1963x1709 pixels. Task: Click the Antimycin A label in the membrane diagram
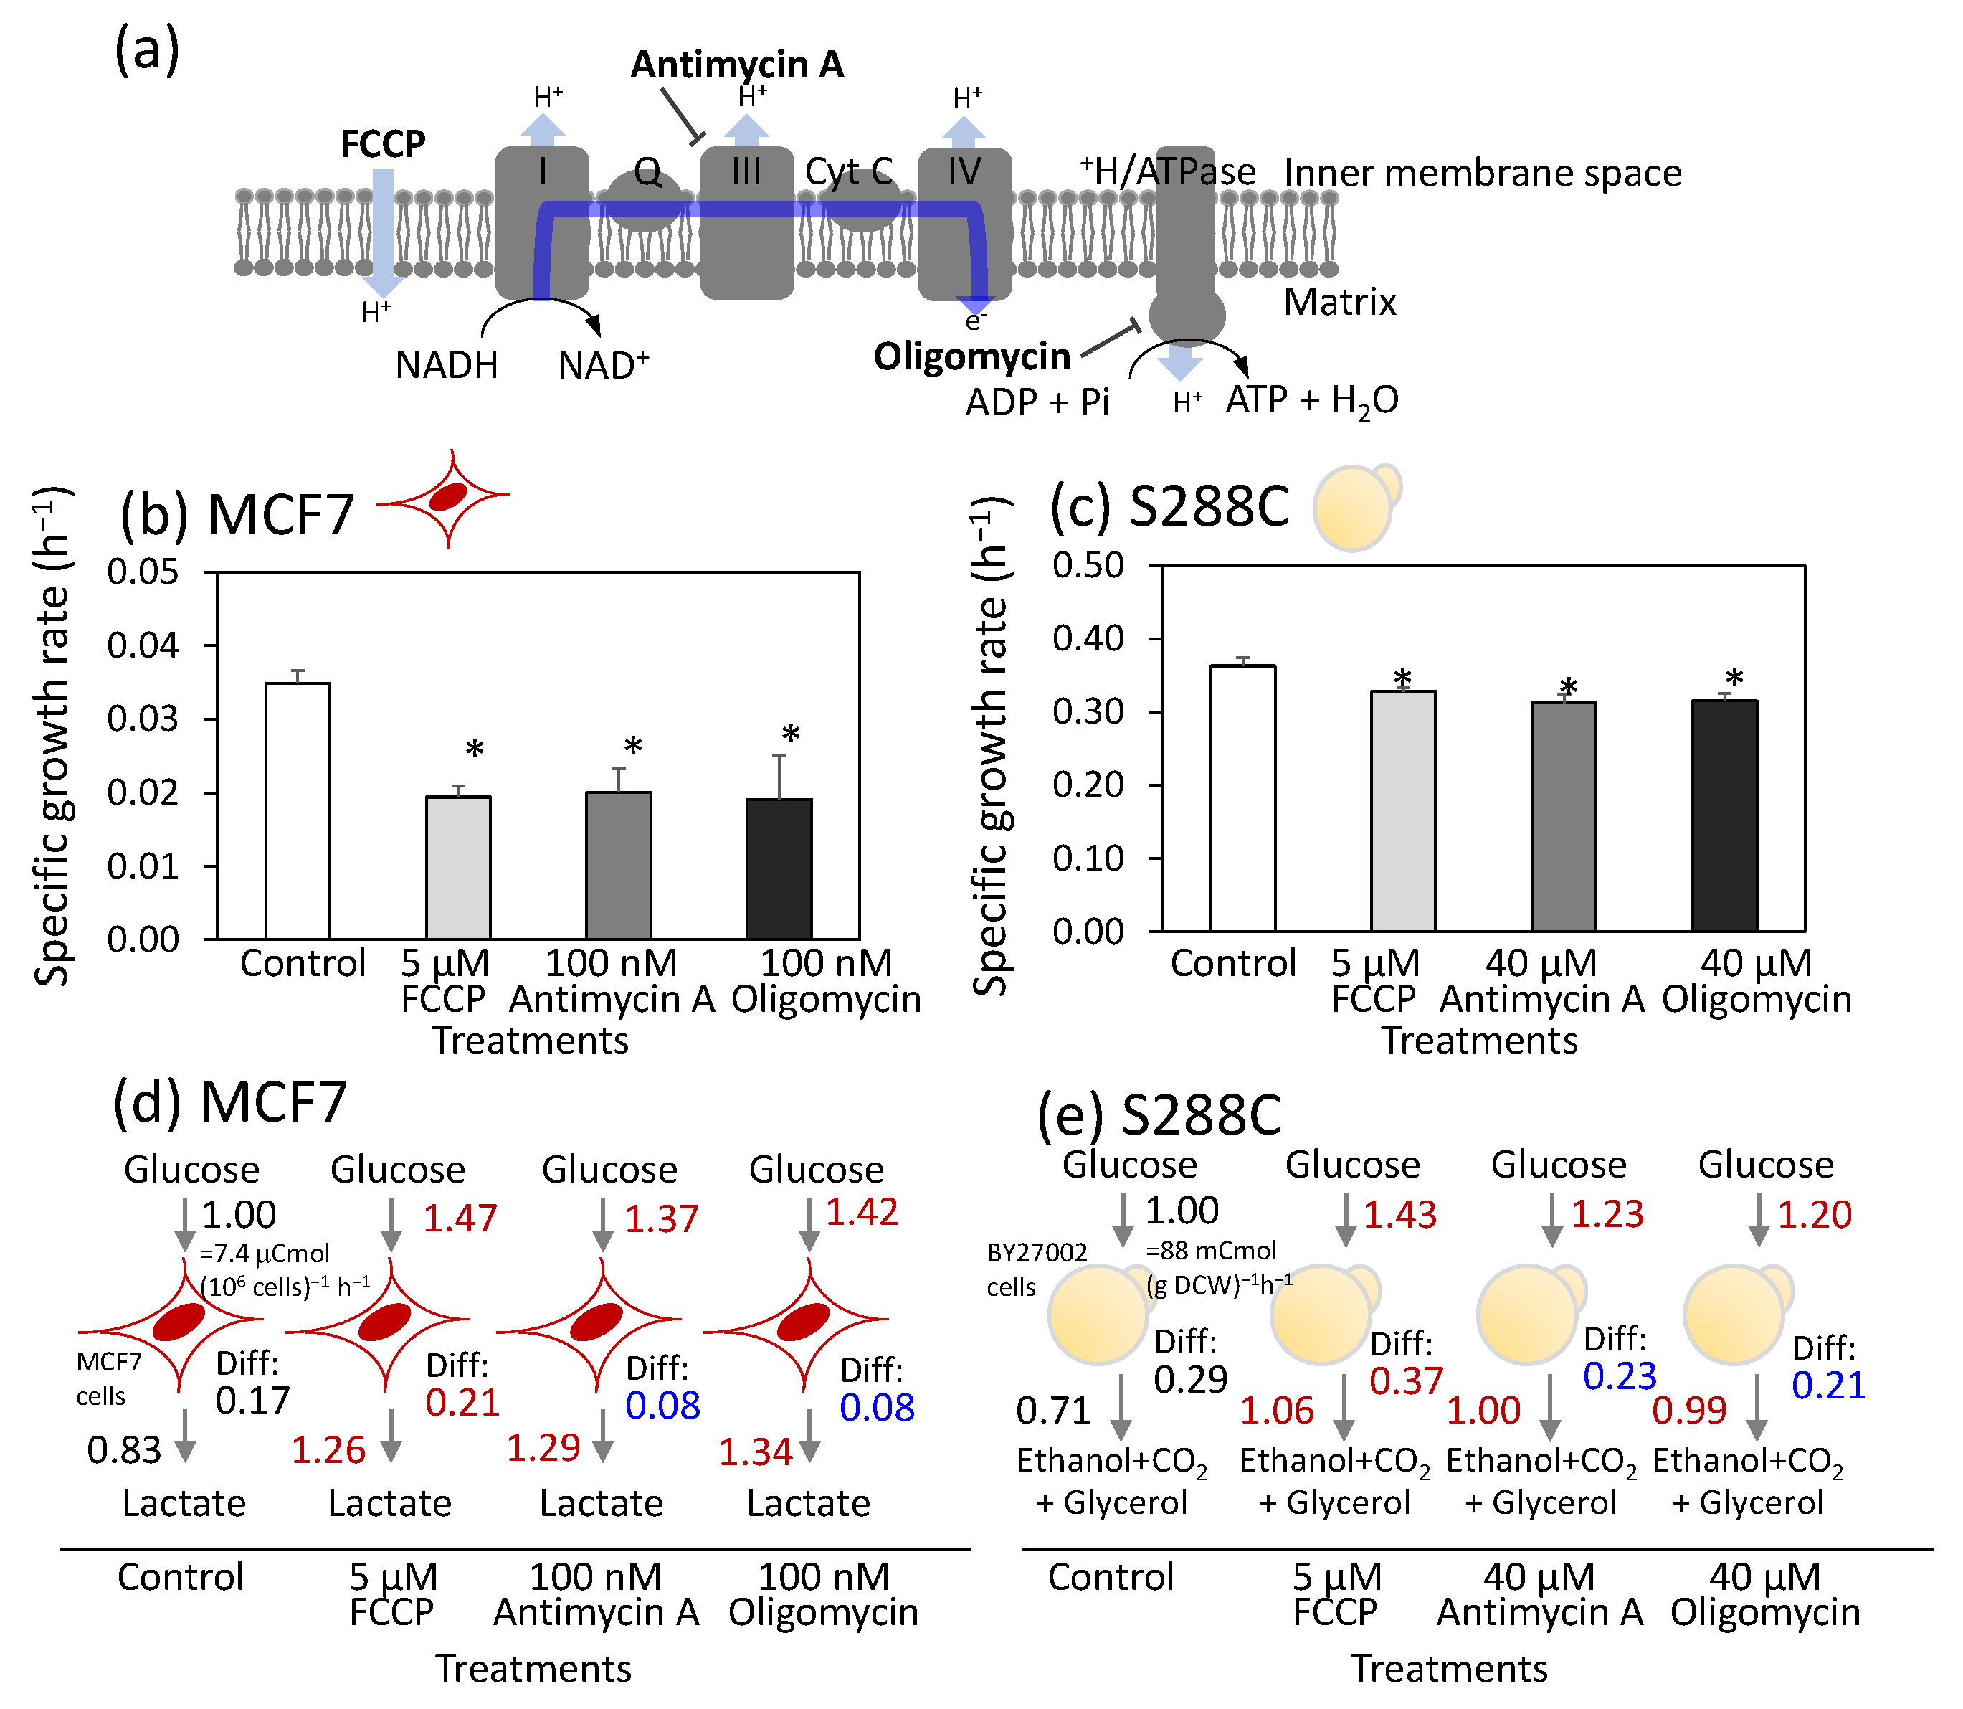(737, 65)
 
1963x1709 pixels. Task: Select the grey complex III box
(746, 224)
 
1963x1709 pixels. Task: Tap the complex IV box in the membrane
(964, 224)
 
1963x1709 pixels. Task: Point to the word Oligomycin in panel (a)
(971, 356)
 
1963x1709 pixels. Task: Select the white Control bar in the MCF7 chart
(298, 810)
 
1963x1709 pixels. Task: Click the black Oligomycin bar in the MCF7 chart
(779, 868)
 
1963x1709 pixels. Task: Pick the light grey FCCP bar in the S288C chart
(1402, 810)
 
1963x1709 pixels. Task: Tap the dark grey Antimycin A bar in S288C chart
(1564, 816)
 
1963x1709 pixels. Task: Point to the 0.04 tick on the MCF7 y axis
(143, 645)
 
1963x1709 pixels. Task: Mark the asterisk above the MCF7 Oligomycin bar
(790, 735)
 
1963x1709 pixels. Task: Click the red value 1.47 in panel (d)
(460, 1218)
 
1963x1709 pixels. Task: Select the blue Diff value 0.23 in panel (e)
(1620, 1376)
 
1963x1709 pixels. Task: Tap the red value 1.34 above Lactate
(755, 1452)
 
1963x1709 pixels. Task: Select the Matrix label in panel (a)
(1339, 303)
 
